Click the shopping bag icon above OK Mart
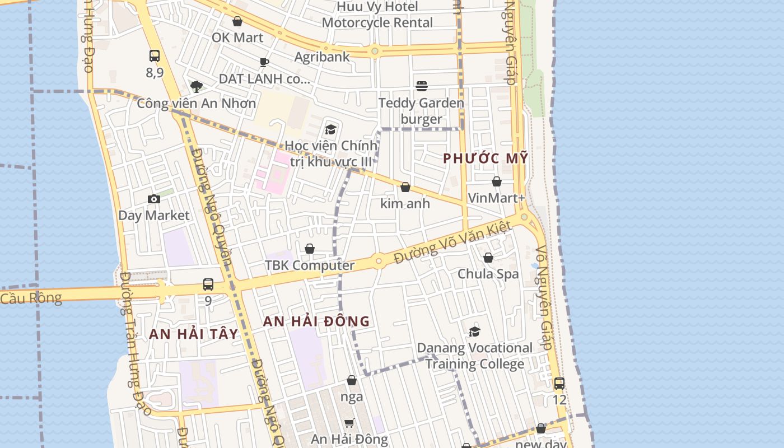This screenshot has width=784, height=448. (x=237, y=21)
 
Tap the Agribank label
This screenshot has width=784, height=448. (x=322, y=57)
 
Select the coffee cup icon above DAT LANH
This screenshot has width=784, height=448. (x=264, y=62)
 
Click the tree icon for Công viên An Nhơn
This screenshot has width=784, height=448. (x=196, y=86)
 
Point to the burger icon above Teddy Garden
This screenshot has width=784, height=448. (x=422, y=86)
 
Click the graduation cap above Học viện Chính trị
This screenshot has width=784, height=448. (x=330, y=130)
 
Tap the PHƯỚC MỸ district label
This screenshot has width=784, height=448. (x=486, y=158)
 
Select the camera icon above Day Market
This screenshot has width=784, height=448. (x=154, y=199)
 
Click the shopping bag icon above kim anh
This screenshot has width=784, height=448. (x=405, y=187)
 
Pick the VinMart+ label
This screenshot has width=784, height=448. (x=496, y=198)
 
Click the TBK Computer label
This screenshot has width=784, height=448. (x=310, y=265)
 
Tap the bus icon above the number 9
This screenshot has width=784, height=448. (x=208, y=284)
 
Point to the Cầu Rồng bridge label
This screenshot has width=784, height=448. (x=31, y=297)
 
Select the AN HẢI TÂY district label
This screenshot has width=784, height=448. (x=194, y=334)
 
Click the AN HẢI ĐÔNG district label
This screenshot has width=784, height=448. (x=316, y=321)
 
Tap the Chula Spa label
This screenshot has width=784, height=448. (x=488, y=274)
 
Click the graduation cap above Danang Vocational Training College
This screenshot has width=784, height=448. (x=475, y=332)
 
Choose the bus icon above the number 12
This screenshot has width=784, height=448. (x=559, y=384)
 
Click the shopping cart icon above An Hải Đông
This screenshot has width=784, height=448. (x=349, y=423)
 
